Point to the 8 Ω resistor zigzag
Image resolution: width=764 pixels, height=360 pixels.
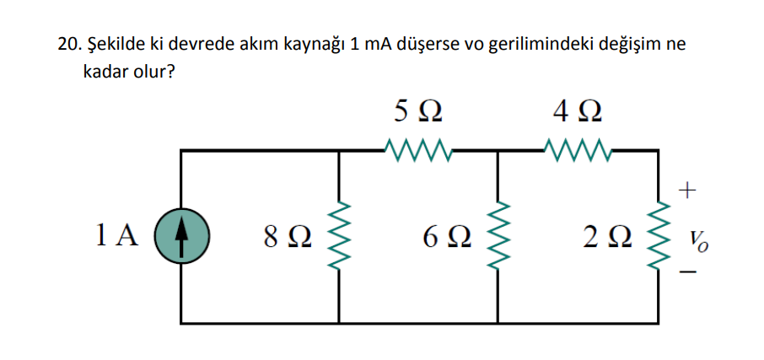[339, 237]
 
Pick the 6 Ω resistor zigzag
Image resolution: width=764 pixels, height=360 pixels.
[498, 237]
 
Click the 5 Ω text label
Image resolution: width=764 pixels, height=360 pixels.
[417, 111]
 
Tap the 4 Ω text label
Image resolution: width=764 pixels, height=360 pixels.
[578, 111]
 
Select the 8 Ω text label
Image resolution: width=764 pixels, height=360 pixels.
[288, 238]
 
